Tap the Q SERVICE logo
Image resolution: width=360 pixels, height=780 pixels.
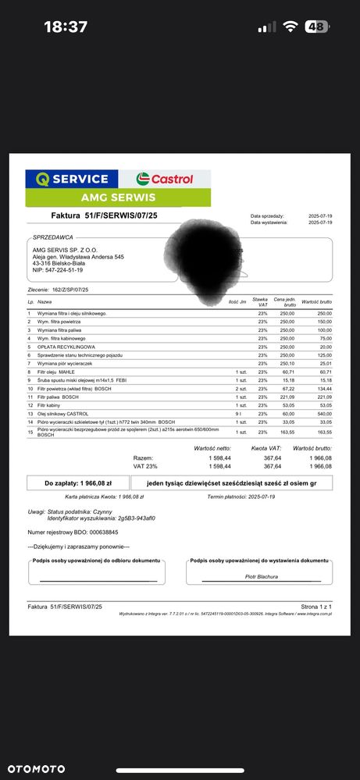pyautogui.click(x=72, y=179)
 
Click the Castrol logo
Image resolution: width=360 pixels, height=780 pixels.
pyautogui.click(x=165, y=179)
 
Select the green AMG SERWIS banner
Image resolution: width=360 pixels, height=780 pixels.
pyautogui.click(x=118, y=198)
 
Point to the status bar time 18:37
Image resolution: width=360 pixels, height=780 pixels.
pyautogui.click(x=66, y=27)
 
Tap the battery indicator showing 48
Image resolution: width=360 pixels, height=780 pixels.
pyautogui.click(x=316, y=27)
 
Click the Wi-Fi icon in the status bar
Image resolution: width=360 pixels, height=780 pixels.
pyautogui.click(x=290, y=27)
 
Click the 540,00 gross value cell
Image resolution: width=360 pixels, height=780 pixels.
pyautogui.click(x=323, y=413)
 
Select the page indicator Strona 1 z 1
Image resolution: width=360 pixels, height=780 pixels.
pyautogui.click(x=316, y=606)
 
